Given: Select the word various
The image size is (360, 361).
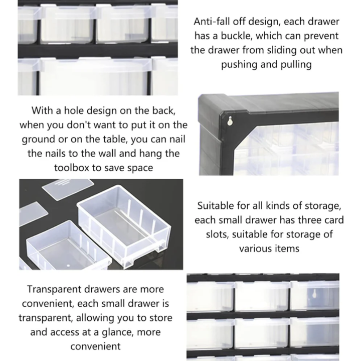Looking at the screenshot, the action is [x=254, y=249].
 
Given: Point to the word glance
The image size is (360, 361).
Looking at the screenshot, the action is [x=117, y=332].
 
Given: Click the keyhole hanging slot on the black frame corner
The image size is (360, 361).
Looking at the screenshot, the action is [x=230, y=121].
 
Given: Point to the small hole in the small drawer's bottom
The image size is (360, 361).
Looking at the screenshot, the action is [x=68, y=266].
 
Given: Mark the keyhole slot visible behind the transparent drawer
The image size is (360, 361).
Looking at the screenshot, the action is [x=314, y=294].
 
